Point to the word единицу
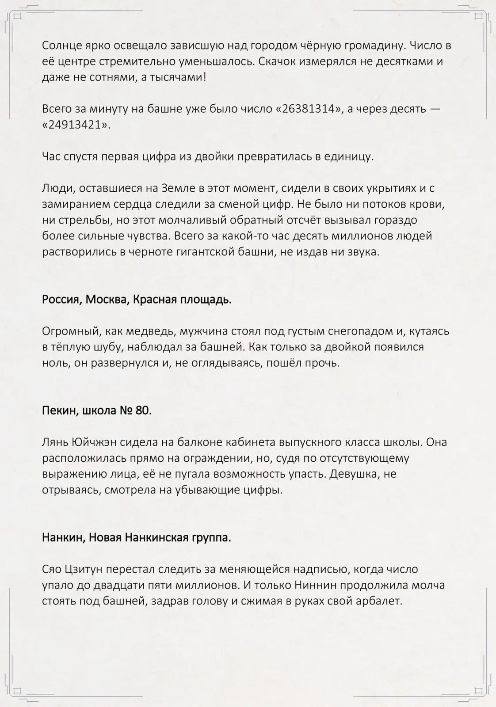[350, 157]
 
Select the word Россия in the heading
[61, 300]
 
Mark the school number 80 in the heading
[142, 411]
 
